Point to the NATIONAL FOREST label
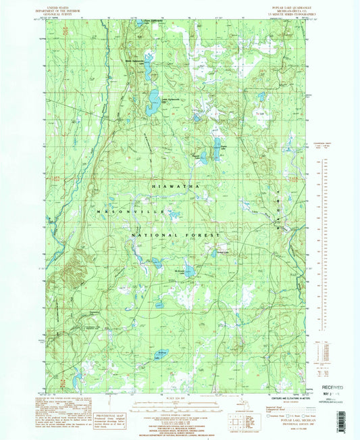tap(178, 235)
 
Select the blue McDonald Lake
tap(189, 272)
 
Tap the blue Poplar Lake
tap(217, 147)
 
